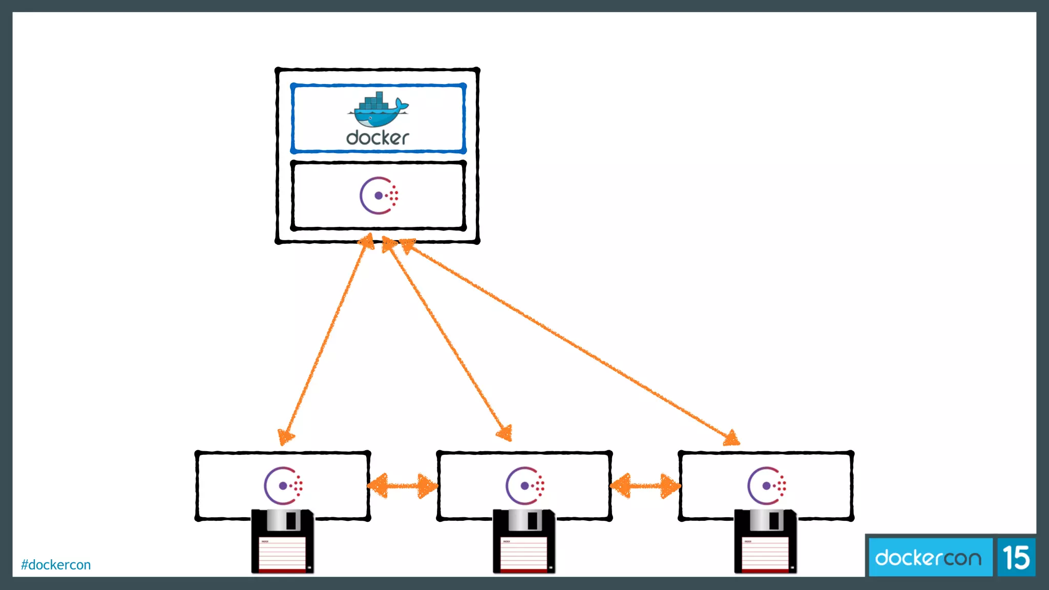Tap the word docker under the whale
coord(377,138)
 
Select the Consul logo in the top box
coord(379,196)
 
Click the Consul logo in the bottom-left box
coord(283,486)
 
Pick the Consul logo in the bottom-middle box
coord(525,486)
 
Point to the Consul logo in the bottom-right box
coord(767,486)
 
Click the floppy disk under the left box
coord(283,541)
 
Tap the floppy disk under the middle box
coord(524,541)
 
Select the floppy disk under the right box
coord(766,541)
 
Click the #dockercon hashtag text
coord(56,565)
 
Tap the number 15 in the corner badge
coord(1016,558)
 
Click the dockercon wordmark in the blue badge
coord(928,558)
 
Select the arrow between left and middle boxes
coord(403,486)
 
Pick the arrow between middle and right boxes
coord(645,486)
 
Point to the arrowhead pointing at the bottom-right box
coord(732,438)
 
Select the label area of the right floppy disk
coord(766,553)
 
